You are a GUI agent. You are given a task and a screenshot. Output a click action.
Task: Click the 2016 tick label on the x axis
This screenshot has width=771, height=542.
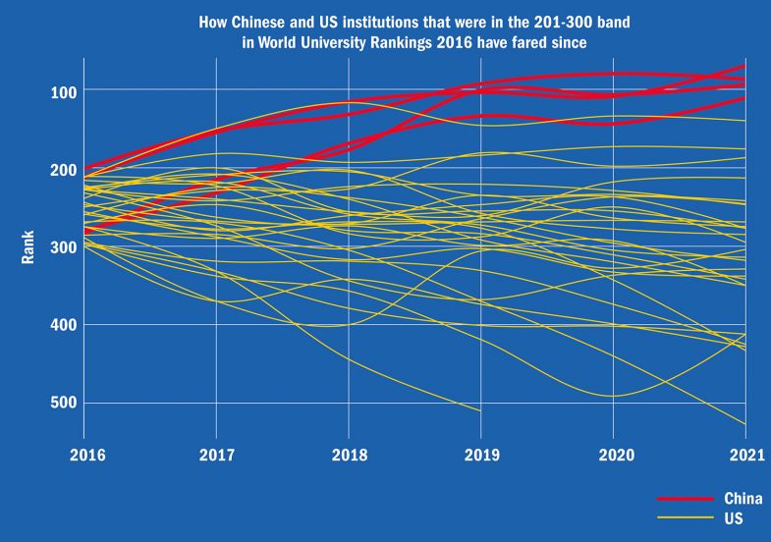[x=83, y=457]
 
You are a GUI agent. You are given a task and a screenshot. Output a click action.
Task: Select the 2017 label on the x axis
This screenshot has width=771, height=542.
[x=216, y=457]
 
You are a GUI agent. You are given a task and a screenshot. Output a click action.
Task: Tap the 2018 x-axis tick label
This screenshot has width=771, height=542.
[x=349, y=457]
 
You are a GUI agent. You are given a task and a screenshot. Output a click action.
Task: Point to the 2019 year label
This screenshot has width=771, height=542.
[x=480, y=457]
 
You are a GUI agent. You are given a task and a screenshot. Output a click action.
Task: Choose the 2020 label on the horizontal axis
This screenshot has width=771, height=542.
[x=613, y=457]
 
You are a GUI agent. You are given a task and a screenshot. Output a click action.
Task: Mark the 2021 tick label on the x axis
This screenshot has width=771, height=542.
[x=744, y=457]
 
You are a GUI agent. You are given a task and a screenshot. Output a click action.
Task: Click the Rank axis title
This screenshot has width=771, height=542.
[x=28, y=247]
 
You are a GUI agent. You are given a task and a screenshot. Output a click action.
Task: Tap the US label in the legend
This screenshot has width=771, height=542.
[x=733, y=516]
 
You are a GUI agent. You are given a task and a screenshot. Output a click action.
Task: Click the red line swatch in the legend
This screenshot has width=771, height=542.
[x=681, y=499]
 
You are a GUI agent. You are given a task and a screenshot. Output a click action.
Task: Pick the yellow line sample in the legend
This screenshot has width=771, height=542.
[x=681, y=516]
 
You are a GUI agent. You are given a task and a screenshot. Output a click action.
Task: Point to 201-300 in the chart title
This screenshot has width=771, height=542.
[x=520, y=21]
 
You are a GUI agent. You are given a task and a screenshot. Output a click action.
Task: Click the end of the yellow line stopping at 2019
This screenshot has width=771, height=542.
[x=480, y=410]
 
